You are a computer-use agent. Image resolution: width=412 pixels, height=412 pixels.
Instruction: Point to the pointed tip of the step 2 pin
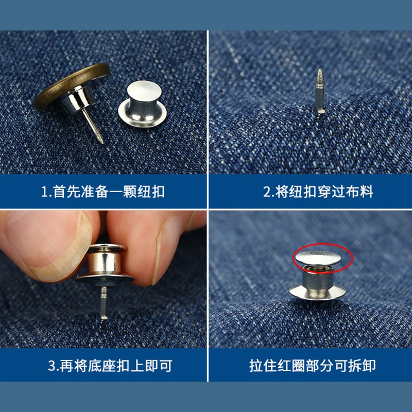320,70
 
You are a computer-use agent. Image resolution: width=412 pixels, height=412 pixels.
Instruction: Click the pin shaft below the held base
104,302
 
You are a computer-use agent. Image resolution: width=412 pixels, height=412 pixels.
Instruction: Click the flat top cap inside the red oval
318,258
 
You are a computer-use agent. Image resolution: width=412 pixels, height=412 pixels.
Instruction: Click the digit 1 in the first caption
44,192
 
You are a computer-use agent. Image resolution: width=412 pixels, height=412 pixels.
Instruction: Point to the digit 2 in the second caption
267,192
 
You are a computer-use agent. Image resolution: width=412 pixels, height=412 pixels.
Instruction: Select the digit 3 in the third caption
51,366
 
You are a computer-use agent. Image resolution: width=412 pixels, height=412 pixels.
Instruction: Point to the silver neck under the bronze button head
77,100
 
